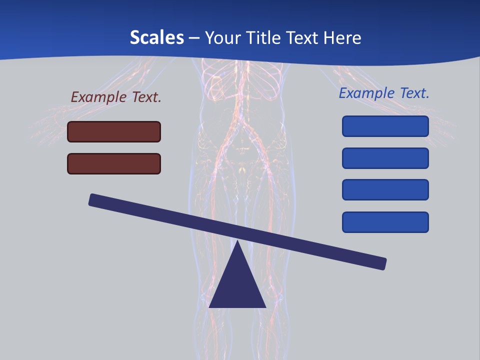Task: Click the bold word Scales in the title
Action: tap(156, 37)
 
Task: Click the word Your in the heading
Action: tap(223, 37)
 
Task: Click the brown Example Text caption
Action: tap(116, 97)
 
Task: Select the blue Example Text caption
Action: tap(384, 93)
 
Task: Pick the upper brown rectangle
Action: tap(114, 131)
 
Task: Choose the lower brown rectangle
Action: tap(114, 163)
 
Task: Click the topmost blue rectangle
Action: tap(385, 126)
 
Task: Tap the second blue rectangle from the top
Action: tap(385, 158)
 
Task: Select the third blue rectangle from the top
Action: tap(385, 189)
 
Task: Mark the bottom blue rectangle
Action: tap(385, 222)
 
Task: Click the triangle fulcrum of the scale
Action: tap(237, 285)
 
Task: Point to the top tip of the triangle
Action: tap(237, 242)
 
